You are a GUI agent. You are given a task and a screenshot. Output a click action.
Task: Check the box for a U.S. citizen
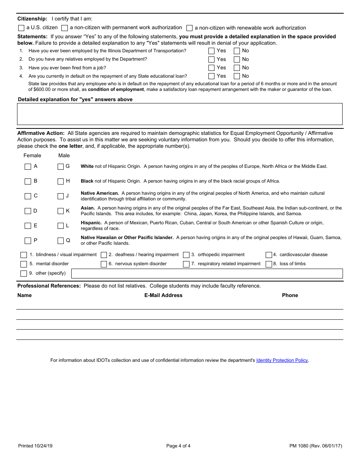pos(21,28)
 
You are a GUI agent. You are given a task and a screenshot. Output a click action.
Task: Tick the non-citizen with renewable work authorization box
pos(189,28)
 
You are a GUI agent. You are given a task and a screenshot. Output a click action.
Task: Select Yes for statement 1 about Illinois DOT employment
pos(211,51)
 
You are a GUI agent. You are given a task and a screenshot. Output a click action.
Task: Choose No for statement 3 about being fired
pos(237,68)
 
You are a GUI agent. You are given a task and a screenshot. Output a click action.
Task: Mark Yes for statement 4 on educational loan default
pos(211,76)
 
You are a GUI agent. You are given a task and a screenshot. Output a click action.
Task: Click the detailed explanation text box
pos(180,114)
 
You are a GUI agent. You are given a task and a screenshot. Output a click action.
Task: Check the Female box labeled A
pos(28,167)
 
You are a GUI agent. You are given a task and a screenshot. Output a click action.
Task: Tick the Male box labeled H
pos(61,181)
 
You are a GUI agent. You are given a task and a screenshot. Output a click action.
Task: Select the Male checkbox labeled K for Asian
pos(61,211)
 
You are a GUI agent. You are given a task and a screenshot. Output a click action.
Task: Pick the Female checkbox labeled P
pos(28,241)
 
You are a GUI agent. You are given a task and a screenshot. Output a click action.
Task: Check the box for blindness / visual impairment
pos(23,255)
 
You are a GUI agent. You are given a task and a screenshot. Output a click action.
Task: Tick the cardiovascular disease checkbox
pos(269,255)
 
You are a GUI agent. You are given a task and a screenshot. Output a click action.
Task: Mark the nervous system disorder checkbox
pos(104,264)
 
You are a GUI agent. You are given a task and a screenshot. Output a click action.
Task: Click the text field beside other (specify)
pos(207,274)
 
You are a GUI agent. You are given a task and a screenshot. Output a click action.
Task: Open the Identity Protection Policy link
pos(282,360)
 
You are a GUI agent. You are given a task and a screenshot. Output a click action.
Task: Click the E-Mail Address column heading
pos(163,295)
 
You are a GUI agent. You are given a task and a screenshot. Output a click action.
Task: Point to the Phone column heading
pos(290,295)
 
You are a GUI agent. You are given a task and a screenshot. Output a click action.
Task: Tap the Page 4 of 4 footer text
pos(178,446)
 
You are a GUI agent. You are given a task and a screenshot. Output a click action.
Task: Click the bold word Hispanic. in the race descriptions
pos(91,223)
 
